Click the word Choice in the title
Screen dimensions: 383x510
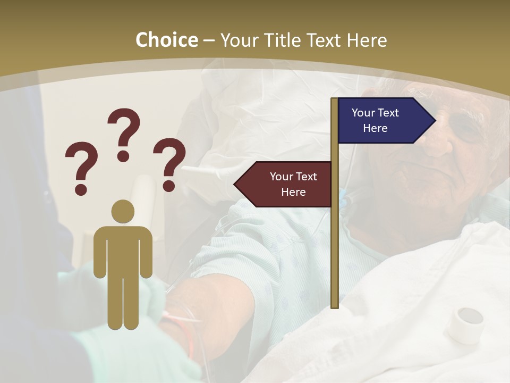tap(166, 40)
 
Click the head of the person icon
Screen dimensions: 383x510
tap(123, 211)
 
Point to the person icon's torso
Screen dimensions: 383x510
tap(123, 250)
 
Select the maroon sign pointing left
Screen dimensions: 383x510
tap(284, 184)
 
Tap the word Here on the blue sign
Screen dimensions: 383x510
tap(375, 128)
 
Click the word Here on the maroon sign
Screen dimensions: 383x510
tap(293, 192)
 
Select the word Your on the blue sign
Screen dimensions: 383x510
tap(363, 113)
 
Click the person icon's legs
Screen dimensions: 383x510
tap(123, 303)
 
